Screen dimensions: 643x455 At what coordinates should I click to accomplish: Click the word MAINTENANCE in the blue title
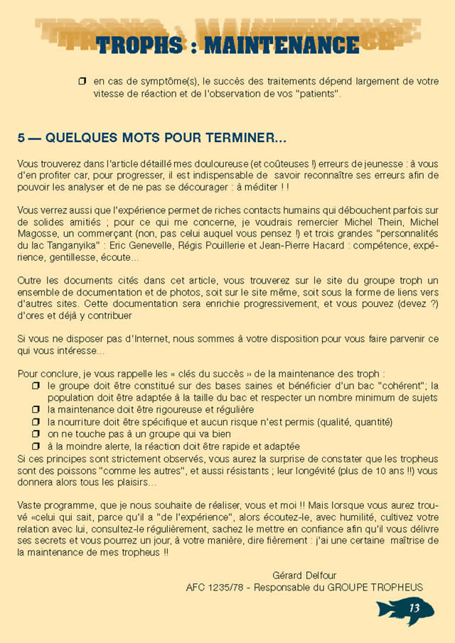click(282, 45)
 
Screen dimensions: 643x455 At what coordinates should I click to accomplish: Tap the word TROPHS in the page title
click(139, 45)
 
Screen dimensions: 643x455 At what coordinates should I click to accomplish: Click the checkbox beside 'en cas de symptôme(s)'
click(82, 82)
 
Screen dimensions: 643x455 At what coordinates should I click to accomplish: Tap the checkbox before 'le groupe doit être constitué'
click(36, 385)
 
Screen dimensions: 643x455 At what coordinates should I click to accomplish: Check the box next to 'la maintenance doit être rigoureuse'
click(36, 410)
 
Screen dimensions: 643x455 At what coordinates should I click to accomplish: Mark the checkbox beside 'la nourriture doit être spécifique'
click(36, 422)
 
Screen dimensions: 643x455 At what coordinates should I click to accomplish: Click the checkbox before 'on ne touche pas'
click(36, 434)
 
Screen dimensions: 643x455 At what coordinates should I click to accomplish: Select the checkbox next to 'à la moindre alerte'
click(36, 446)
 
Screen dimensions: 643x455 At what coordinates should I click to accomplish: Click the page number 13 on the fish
click(414, 608)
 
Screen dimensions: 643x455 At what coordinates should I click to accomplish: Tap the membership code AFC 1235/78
click(214, 587)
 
